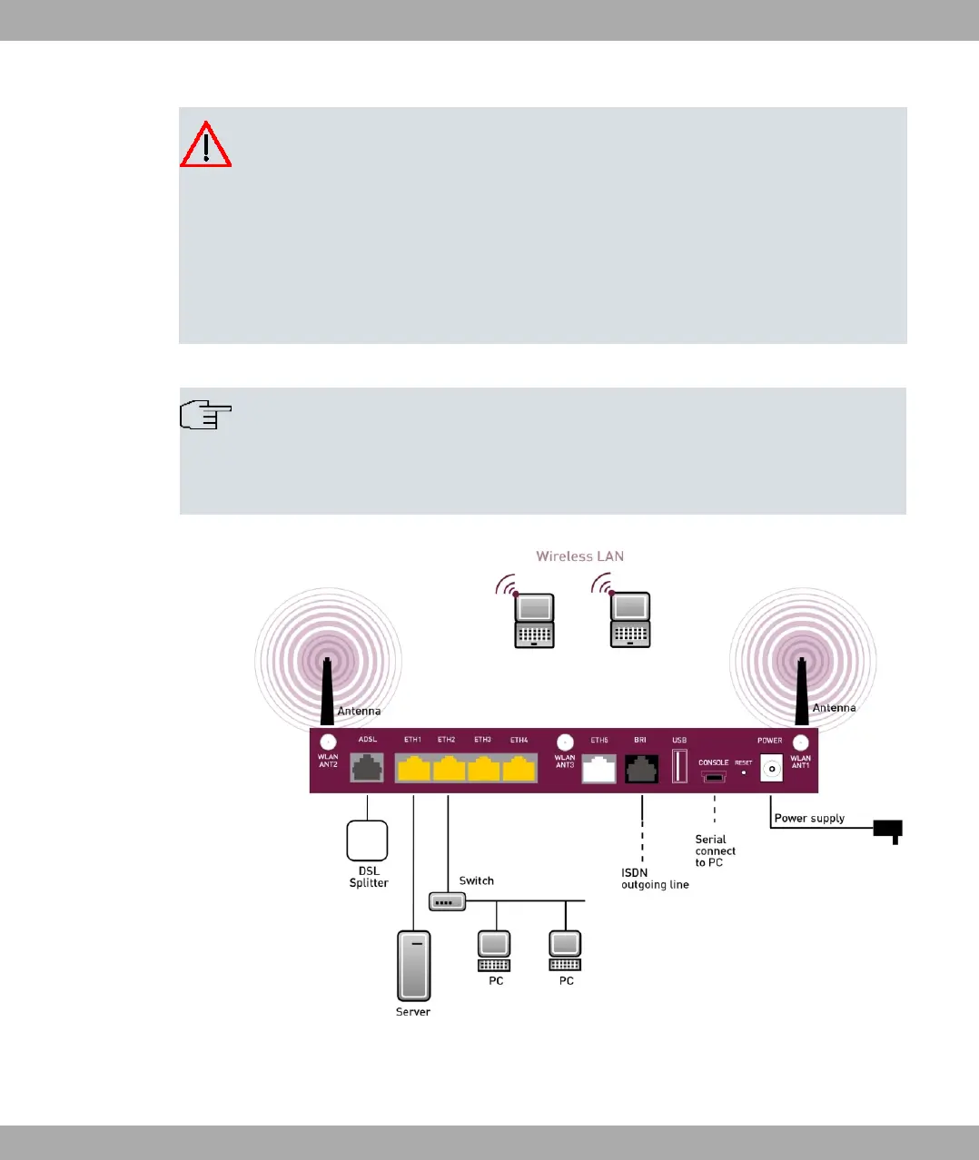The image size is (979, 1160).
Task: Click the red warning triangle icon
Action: pos(206,145)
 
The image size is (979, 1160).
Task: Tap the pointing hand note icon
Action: pos(206,415)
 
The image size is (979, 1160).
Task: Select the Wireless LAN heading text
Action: pos(579,556)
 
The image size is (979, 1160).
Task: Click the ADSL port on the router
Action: pos(367,769)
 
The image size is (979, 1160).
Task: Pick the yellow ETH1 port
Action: pos(413,770)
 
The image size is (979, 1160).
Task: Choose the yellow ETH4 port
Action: pos(519,770)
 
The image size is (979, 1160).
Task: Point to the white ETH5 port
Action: pos(599,770)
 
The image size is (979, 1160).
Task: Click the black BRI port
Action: pos(641,770)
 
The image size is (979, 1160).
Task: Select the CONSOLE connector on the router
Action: pos(714,777)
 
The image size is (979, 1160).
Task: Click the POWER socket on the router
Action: pos(771,769)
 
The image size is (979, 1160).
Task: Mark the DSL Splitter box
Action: pos(367,841)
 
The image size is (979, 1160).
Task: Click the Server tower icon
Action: pos(413,966)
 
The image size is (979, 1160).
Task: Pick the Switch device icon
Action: pos(447,902)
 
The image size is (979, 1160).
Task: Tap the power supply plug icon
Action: pos(888,830)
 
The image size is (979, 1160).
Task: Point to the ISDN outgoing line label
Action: pos(654,879)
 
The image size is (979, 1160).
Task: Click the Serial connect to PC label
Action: pos(715,851)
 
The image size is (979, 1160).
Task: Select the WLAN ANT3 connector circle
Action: pos(565,742)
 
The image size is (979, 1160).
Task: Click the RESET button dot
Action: pos(744,773)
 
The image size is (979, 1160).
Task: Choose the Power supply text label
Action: pos(809,819)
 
